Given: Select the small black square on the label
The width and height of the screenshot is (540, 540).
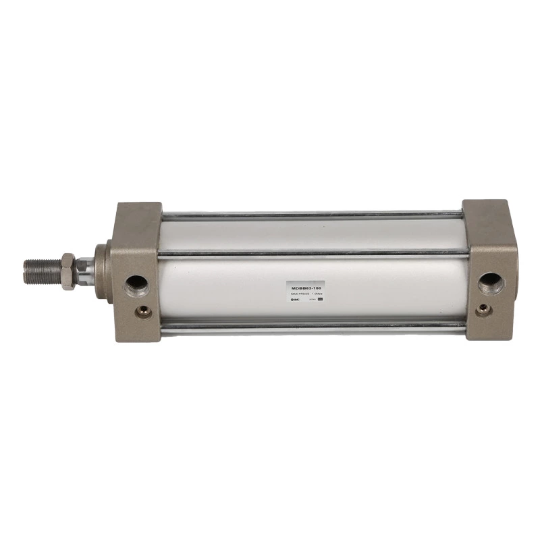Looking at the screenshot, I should pos(321,299).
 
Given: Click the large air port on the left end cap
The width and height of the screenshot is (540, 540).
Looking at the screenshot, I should pos(136,282).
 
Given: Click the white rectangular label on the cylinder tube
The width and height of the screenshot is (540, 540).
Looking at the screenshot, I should pos(306,292).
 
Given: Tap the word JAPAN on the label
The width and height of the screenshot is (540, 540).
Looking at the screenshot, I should pos(311,299).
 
